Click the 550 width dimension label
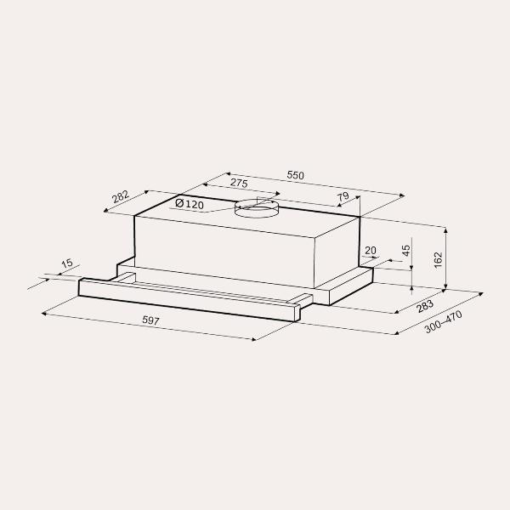pos(295,175)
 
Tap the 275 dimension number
pos(239,183)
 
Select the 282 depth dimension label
pos(121,197)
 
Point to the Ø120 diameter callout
pos(190,204)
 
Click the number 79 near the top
pos(343,197)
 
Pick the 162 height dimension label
pos(439,260)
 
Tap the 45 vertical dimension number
pos(406,251)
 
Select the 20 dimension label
pos(371,251)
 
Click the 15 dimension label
pos(67,263)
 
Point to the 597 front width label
pos(151,320)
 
